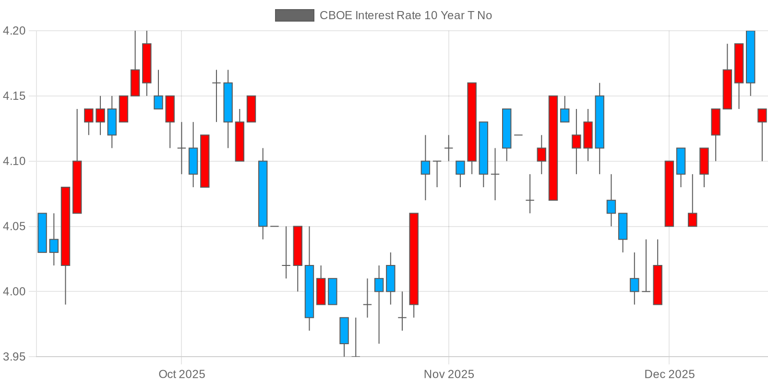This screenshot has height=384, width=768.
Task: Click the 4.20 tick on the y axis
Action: coord(14,31)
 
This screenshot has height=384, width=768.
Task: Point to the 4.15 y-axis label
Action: coord(14,96)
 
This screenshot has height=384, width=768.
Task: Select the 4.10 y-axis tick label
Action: coord(14,161)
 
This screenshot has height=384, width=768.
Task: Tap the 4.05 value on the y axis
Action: coord(14,227)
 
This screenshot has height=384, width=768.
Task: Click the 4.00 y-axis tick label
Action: coord(14,292)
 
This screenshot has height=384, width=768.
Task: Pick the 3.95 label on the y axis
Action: coord(14,357)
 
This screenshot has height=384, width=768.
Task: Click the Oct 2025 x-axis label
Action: coord(181,374)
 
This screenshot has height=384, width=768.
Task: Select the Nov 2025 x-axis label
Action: coord(449,374)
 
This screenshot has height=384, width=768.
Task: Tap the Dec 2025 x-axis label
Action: coord(669,374)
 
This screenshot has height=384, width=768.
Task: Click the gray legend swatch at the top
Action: coord(294,15)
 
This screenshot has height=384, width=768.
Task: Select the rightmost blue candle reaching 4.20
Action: coord(750,57)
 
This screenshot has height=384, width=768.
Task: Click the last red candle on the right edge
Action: coord(762,115)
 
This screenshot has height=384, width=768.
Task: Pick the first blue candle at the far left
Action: coord(42,233)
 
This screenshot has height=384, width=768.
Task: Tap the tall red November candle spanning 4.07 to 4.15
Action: coord(553,148)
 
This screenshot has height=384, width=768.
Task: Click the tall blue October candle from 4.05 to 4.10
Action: coord(263,193)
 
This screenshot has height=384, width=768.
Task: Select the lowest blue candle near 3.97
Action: coord(344,331)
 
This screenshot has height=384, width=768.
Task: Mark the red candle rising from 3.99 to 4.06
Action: coord(414,259)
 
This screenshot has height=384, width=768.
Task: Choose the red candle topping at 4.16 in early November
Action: coord(472,122)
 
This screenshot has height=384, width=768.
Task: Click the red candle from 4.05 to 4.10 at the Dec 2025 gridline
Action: coord(669,193)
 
